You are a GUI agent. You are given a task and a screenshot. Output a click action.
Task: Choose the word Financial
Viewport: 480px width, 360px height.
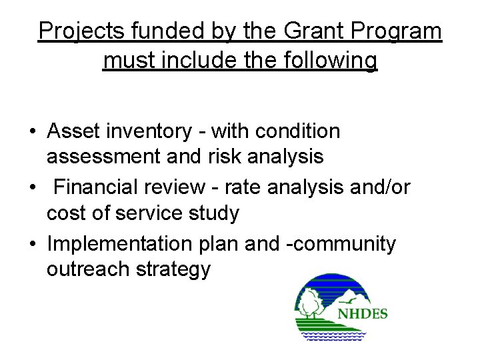tap(101, 188)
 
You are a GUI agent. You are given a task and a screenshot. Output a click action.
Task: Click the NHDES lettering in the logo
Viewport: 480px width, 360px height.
tap(362, 313)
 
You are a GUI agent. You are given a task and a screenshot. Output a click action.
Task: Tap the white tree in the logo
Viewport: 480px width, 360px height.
tap(309, 307)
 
